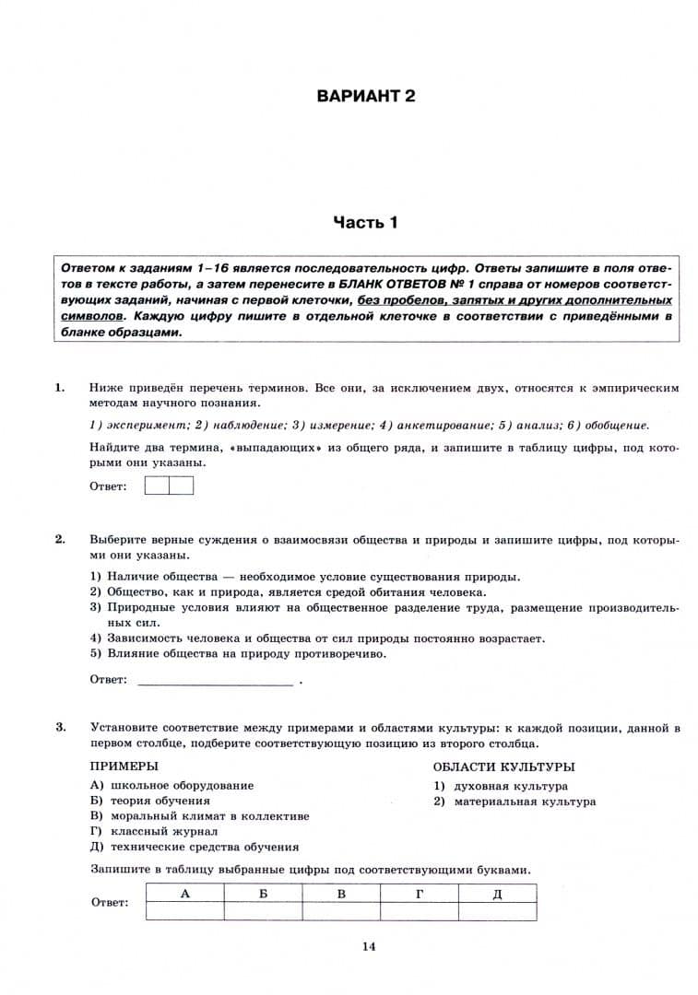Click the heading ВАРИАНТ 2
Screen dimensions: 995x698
[366, 96]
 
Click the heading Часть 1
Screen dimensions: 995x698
[366, 222]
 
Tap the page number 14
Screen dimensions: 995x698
[369, 945]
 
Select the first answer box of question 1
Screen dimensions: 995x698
[157, 485]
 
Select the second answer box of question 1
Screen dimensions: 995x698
[181, 485]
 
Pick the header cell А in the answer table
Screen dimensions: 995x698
[184, 894]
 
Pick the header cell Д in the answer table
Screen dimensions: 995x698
[497, 894]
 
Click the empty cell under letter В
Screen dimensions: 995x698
[341, 910]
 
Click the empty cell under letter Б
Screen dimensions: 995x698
[263, 910]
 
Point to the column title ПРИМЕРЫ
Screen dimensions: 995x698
[124, 767]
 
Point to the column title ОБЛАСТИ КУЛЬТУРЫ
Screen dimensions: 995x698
[503, 767]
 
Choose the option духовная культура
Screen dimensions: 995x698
[510, 786]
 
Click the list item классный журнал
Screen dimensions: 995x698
[163, 831]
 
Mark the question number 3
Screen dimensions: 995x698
[60, 728]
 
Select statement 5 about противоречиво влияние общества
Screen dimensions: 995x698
[246, 654]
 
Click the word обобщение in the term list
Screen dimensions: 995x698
[617, 425]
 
